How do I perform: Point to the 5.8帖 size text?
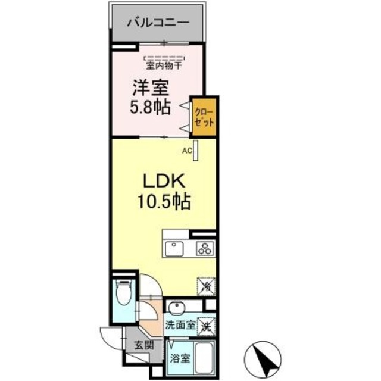[150, 108]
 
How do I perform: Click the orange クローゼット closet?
[202, 116]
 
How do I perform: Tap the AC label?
[186, 151]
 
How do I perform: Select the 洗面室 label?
[180, 326]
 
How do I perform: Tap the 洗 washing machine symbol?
[205, 326]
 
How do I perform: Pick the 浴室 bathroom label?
[180, 359]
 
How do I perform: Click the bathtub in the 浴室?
[204, 358]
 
